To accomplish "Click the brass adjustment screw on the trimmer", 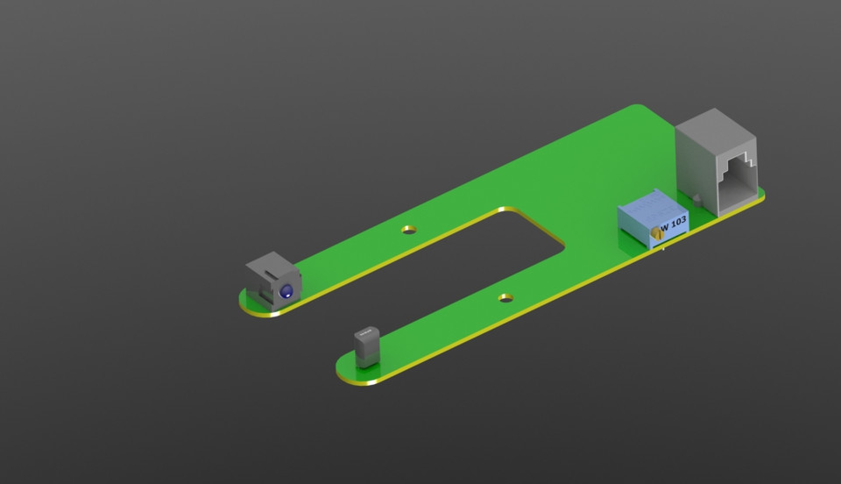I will pos(656,233).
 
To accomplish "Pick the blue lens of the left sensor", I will pos(286,292).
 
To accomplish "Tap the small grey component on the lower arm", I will pos(367,347).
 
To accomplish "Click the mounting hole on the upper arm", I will pos(408,230).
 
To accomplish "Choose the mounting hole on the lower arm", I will pos(505,298).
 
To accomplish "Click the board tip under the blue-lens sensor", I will pos(254,306).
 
